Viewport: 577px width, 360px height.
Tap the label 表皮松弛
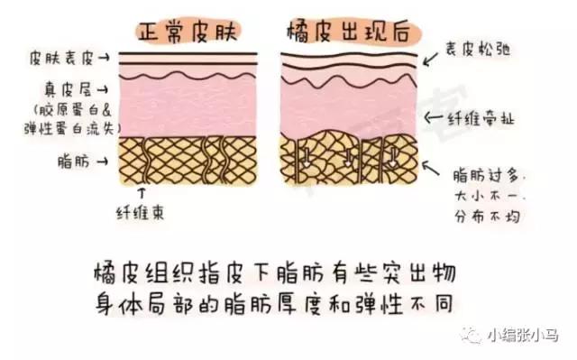[x=479, y=51]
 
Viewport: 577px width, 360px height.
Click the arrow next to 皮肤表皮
[x=106, y=59]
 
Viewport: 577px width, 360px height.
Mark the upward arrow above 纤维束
[x=140, y=192]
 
